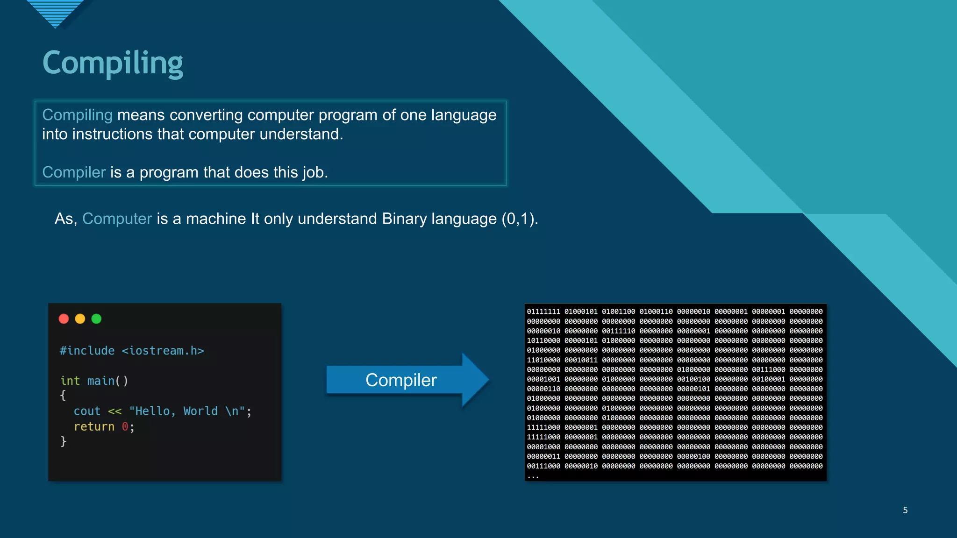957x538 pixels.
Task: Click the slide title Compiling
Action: (x=113, y=63)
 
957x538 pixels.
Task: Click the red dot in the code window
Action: (x=64, y=319)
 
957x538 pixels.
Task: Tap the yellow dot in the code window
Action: (x=80, y=319)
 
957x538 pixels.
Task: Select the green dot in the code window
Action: (x=96, y=319)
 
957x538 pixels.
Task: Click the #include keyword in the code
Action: (x=87, y=351)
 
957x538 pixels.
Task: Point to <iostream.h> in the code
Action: (x=163, y=351)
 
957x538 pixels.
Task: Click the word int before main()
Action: (x=70, y=381)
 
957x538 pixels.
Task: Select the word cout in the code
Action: (x=87, y=411)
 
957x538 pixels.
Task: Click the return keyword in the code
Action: (x=94, y=427)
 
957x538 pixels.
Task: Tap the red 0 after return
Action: (x=125, y=427)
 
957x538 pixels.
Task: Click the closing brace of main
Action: (x=64, y=441)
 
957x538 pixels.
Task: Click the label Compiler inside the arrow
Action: (x=401, y=380)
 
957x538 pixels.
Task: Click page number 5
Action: (x=905, y=510)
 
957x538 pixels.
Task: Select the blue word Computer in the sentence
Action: (x=117, y=219)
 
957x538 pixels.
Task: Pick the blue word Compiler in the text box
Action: (x=74, y=172)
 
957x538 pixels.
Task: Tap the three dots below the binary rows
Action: (x=533, y=476)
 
